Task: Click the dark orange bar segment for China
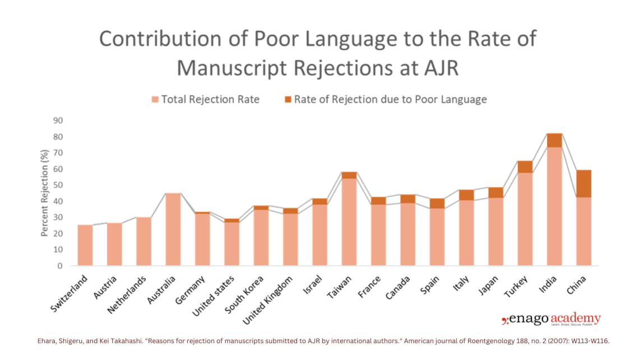click(584, 183)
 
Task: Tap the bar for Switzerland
click(85, 245)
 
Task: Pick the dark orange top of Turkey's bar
click(525, 167)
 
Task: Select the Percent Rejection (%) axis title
click(44, 193)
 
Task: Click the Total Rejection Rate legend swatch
click(155, 100)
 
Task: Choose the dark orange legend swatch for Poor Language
click(288, 100)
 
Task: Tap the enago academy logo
click(550, 320)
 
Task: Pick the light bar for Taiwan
click(349, 221)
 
